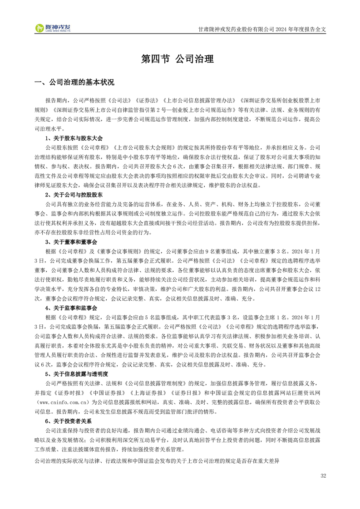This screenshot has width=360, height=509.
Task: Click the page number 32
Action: (323, 476)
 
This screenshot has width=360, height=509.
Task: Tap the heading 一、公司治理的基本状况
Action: (74, 83)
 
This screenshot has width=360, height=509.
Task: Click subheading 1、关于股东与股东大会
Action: (74, 138)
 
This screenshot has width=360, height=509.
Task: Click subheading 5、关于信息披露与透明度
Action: (77, 374)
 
